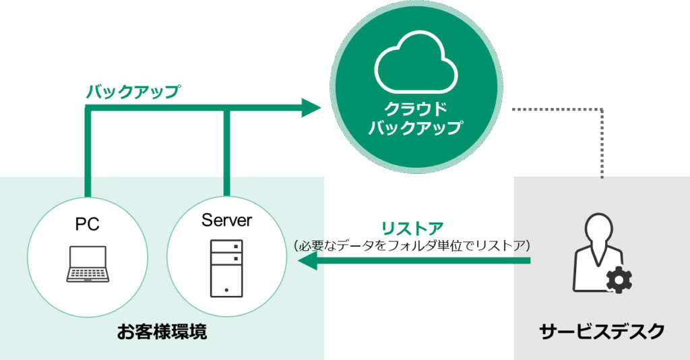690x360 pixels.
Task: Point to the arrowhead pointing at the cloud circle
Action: (x=311, y=107)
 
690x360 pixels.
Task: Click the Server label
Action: (x=226, y=220)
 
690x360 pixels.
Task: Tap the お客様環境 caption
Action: (x=162, y=332)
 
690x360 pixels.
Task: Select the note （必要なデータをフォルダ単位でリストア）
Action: (x=412, y=245)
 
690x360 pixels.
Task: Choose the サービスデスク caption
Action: (x=602, y=331)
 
